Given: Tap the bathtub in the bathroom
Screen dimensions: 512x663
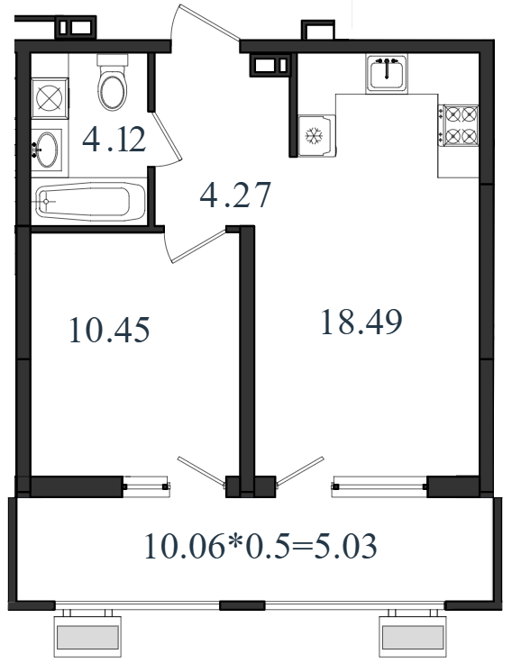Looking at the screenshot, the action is point(90,201).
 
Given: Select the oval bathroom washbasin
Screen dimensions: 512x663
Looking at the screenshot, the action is point(47,150).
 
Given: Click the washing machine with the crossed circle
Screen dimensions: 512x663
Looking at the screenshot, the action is point(50,98).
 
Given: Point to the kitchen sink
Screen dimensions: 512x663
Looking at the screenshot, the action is point(387,74).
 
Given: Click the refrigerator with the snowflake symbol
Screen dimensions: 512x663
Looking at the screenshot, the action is point(316,135).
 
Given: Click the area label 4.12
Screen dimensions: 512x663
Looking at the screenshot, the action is point(114,140).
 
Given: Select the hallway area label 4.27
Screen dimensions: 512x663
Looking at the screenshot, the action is point(235,195).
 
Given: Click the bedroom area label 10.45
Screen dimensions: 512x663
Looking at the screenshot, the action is point(109,330).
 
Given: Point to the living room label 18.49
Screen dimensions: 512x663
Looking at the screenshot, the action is point(361,322).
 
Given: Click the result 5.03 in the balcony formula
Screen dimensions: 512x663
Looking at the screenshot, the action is point(344,546).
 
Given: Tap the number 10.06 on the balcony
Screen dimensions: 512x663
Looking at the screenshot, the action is point(185,546).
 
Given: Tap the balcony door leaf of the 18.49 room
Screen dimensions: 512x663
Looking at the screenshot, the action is point(300,471).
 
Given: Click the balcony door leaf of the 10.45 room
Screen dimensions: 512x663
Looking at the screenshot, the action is point(201,471).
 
